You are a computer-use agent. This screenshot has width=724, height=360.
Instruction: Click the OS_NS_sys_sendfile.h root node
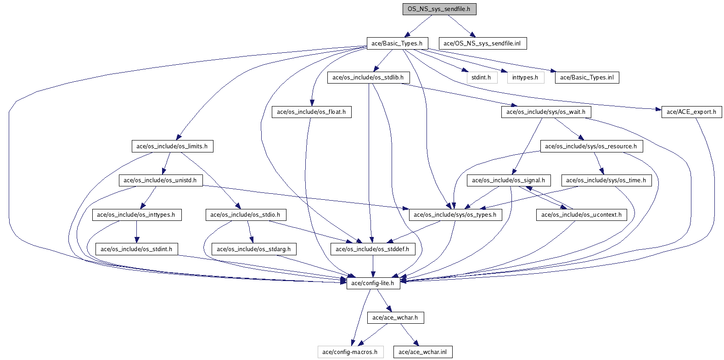(439, 9)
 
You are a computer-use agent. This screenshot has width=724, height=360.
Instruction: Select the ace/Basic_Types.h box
(397, 43)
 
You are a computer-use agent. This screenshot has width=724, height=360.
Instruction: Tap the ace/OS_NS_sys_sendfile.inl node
(483, 43)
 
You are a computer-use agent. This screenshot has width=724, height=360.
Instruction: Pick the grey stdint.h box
(482, 78)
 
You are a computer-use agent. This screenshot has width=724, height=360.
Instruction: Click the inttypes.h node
(526, 78)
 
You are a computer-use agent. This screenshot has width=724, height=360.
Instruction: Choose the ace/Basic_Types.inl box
(587, 78)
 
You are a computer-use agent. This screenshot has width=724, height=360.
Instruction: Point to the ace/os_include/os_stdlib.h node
(369, 78)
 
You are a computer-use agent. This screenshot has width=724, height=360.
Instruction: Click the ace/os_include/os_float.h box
(312, 112)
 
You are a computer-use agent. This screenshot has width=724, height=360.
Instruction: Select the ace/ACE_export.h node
(692, 112)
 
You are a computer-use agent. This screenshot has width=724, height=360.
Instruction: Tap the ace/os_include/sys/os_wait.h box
(546, 112)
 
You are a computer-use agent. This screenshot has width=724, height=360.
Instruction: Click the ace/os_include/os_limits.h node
(172, 146)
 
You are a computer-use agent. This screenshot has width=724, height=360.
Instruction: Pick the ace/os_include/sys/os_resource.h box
(591, 146)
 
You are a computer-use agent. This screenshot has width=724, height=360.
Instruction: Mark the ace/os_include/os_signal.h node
(509, 180)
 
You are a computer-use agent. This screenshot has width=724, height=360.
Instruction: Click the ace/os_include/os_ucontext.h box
(582, 214)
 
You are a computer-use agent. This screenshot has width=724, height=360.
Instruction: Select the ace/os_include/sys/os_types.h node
(455, 214)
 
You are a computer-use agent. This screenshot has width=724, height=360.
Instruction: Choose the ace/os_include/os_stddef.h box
(373, 249)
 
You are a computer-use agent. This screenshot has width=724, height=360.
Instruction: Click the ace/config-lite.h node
(373, 283)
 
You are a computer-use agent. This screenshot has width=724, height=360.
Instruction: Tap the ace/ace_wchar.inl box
(423, 352)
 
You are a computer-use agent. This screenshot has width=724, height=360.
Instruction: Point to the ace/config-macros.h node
(350, 352)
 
